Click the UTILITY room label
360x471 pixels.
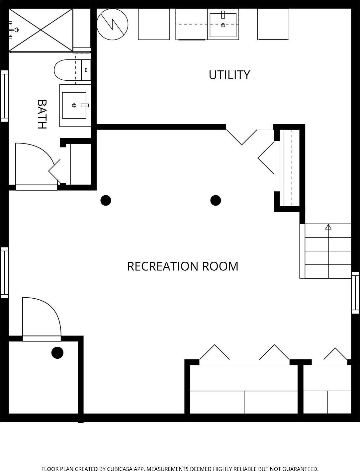tap(229, 75)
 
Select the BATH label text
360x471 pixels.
tap(42, 114)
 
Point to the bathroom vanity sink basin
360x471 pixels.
tap(74, 105)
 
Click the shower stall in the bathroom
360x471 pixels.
tap(41, 30)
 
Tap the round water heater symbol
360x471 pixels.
tap(112, 24)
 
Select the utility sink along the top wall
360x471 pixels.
tap(223, 25)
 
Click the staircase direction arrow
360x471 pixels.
tap(328, 227)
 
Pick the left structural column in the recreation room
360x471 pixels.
tap(106, 200)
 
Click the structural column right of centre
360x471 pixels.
tap(216, 200)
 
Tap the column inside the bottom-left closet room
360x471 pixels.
tap(57, 352)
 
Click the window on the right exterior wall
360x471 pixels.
tap(355, 292)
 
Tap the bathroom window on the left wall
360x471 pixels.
tap(4, 96)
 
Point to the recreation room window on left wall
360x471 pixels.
tap(4, 272)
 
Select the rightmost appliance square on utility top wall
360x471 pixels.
tap(273, 24)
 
